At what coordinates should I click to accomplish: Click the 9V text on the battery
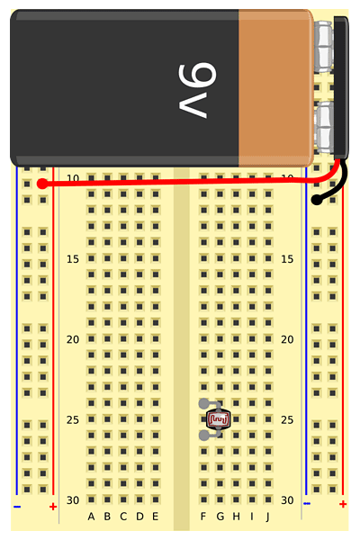pos(197,91)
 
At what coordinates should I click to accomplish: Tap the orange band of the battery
pos(275,88)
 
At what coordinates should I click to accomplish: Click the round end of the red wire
pos(42,184)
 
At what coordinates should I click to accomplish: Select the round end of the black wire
pos(317,200)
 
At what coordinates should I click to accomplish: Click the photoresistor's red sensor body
pos(218,418)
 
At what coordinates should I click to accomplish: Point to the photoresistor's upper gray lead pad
pos(203,403)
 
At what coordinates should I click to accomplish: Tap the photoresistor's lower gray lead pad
pos(203,436)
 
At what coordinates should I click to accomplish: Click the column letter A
pos(91,517)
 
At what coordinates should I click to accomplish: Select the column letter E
pos(156,517)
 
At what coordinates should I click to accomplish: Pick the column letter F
pos(203,517)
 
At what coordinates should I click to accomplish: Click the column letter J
pos(267,517)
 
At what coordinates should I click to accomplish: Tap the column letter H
pos(236,517)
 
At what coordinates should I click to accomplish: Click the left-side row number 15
pos(73,259)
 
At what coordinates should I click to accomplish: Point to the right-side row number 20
pos(287,339)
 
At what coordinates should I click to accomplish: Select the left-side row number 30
pos(73,500)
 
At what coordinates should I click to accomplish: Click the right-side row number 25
pos(287,419)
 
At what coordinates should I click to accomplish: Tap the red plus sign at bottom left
pos(53,507)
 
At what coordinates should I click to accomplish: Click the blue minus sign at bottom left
pos(17,507)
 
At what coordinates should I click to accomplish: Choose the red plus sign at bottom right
pos(343,504)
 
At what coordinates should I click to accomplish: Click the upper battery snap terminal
pos(324,47)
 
